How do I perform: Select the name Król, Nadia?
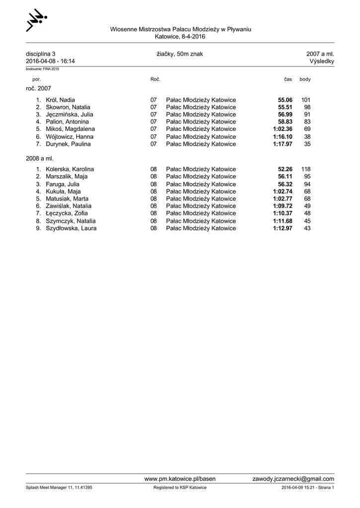[60, 100]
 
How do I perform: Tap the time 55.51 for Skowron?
[285, 107]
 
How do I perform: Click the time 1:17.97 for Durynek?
[283, 144]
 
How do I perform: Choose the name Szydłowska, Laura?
[71, 228]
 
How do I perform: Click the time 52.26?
[285, 169]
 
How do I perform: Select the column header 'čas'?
[288, 79]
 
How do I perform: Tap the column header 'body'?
[305, 79]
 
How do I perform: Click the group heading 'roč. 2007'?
[38, 88]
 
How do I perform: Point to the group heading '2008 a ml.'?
[39, 158]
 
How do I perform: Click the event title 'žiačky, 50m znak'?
[179, 54]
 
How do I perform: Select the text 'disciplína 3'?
[41, 54]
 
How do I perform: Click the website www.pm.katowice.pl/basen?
[180, 479]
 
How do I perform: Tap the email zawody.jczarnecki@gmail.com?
[293, 479]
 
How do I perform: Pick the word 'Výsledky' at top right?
[321, 61]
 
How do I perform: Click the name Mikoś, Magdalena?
[70, 129]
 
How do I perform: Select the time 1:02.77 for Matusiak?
[283, 198]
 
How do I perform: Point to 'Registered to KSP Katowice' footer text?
[180, 488]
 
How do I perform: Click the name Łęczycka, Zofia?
[67, 213]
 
